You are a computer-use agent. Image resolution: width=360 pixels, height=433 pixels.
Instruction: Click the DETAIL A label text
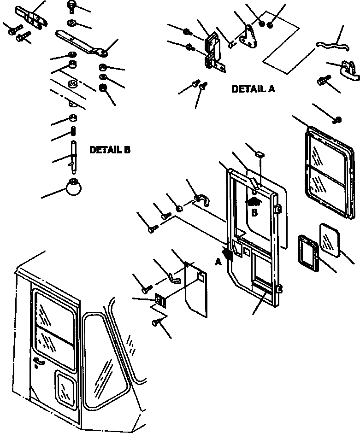tap(253, 89)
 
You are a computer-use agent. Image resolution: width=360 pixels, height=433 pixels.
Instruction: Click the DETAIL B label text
tap(110, 150)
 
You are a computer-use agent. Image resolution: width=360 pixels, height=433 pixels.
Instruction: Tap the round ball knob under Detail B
tap(74, 187)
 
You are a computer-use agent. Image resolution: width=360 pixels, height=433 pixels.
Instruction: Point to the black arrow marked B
tap(253, 201)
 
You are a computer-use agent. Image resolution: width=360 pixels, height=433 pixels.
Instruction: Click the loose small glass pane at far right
tap(330, 239)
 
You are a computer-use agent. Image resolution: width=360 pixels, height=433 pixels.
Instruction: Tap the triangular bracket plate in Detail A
tap(250, 37)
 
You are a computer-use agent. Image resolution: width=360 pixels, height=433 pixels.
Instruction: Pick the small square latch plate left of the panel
tap(160, 300)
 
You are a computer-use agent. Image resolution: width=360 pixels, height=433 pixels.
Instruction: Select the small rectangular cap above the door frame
tap(260, 152)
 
